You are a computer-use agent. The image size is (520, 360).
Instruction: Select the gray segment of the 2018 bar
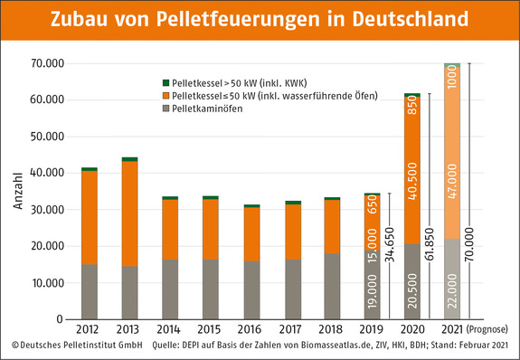pyautogui.click(x=333, y=285)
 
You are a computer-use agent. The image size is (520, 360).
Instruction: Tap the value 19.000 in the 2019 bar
pyautogui.click(x=373, y=289)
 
